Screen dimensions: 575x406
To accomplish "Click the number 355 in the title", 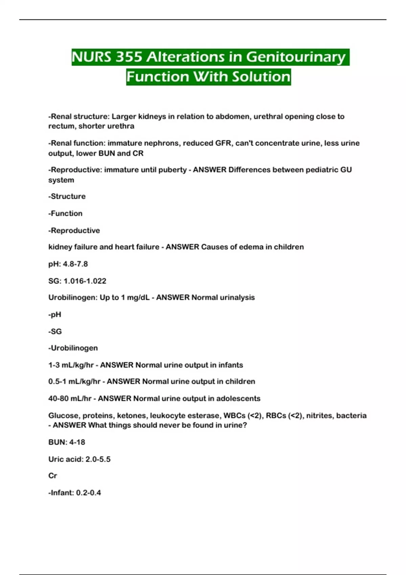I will point(129,57).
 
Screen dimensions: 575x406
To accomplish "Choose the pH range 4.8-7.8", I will point(75,264).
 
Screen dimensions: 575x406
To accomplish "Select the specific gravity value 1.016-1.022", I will point(85,281).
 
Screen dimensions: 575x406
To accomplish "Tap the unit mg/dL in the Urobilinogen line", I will point(138,298).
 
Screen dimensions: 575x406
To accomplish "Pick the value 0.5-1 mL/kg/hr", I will point(74,382).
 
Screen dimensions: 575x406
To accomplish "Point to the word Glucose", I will point(63,415).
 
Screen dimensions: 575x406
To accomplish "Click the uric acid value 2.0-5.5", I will point(98,459).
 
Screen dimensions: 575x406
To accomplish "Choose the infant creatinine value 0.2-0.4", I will point(88,493).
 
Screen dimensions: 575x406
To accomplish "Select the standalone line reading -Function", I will point(65,213).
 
